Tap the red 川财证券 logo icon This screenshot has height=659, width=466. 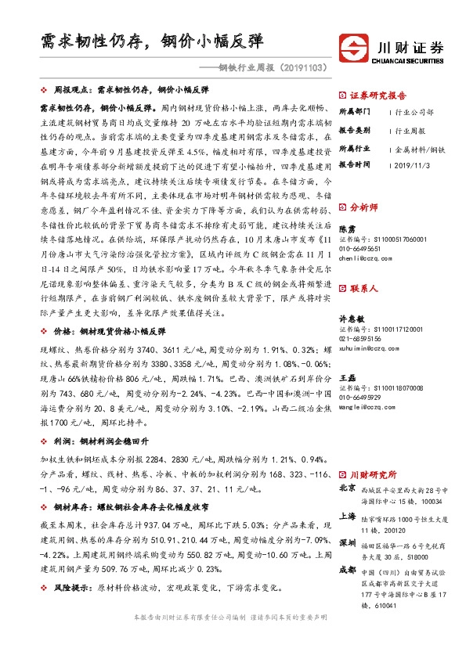pos(351,48)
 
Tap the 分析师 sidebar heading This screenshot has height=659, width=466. pos(365,207)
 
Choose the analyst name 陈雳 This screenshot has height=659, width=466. pos(347,228)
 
